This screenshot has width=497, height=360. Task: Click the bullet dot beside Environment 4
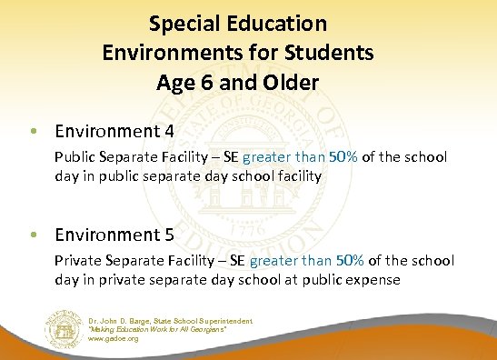(34, 129)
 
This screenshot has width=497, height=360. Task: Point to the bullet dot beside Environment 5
(34, 235)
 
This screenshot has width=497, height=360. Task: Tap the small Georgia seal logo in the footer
(63, 328)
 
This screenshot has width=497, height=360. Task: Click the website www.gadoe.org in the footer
(114, 339)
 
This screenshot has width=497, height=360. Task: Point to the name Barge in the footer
(145, 320)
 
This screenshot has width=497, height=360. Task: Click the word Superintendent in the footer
(226, 320)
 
